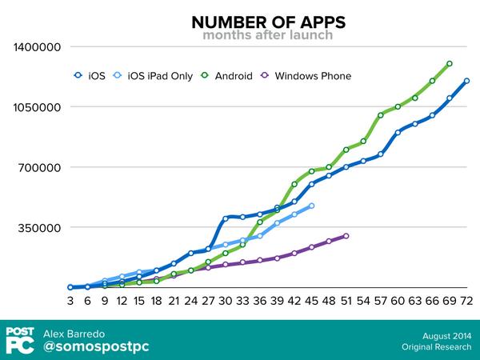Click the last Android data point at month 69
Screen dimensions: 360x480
pyautogui.click(x=450, y=63)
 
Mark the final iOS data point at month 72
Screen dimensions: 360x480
pyautogui.click(x=466, y=81)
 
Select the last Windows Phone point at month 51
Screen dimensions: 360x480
pyautogui.click(x=346, y=236)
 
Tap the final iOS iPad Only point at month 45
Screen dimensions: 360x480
pyautogui.click(x=311, y=206)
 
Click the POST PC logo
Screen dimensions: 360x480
pyautogui.click(x=19, y=339)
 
